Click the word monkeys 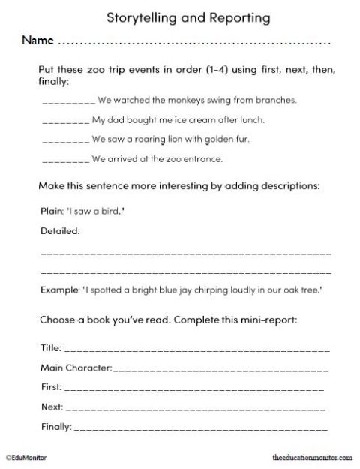(169, 99)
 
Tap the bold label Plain (49, 212)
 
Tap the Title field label (49, 349)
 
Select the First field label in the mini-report (50, 388)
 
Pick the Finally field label (55, 428)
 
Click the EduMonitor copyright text (24, 455)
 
